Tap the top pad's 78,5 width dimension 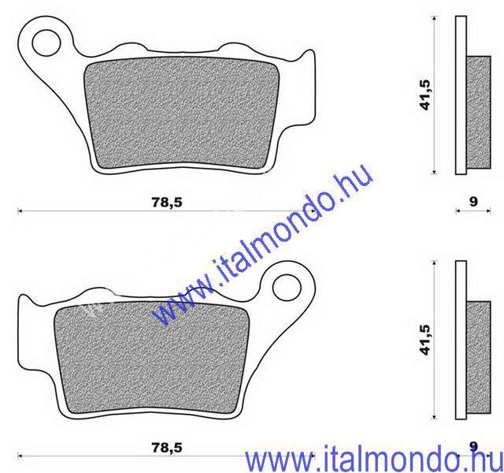(x=166, y=202)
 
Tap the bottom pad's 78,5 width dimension (x=166, y=447)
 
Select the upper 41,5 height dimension (x=426, y=93)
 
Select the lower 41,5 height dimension (x=426, y=339)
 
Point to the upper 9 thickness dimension (x=472, y=202)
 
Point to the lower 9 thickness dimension (x=472, y=447)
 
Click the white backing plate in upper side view (x=461, y=95)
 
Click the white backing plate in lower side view (x=461, y=339)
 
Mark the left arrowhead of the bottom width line (x=19, y=456)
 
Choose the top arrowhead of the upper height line (x=436, y=17)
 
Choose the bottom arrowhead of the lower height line (x=436, y=417)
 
